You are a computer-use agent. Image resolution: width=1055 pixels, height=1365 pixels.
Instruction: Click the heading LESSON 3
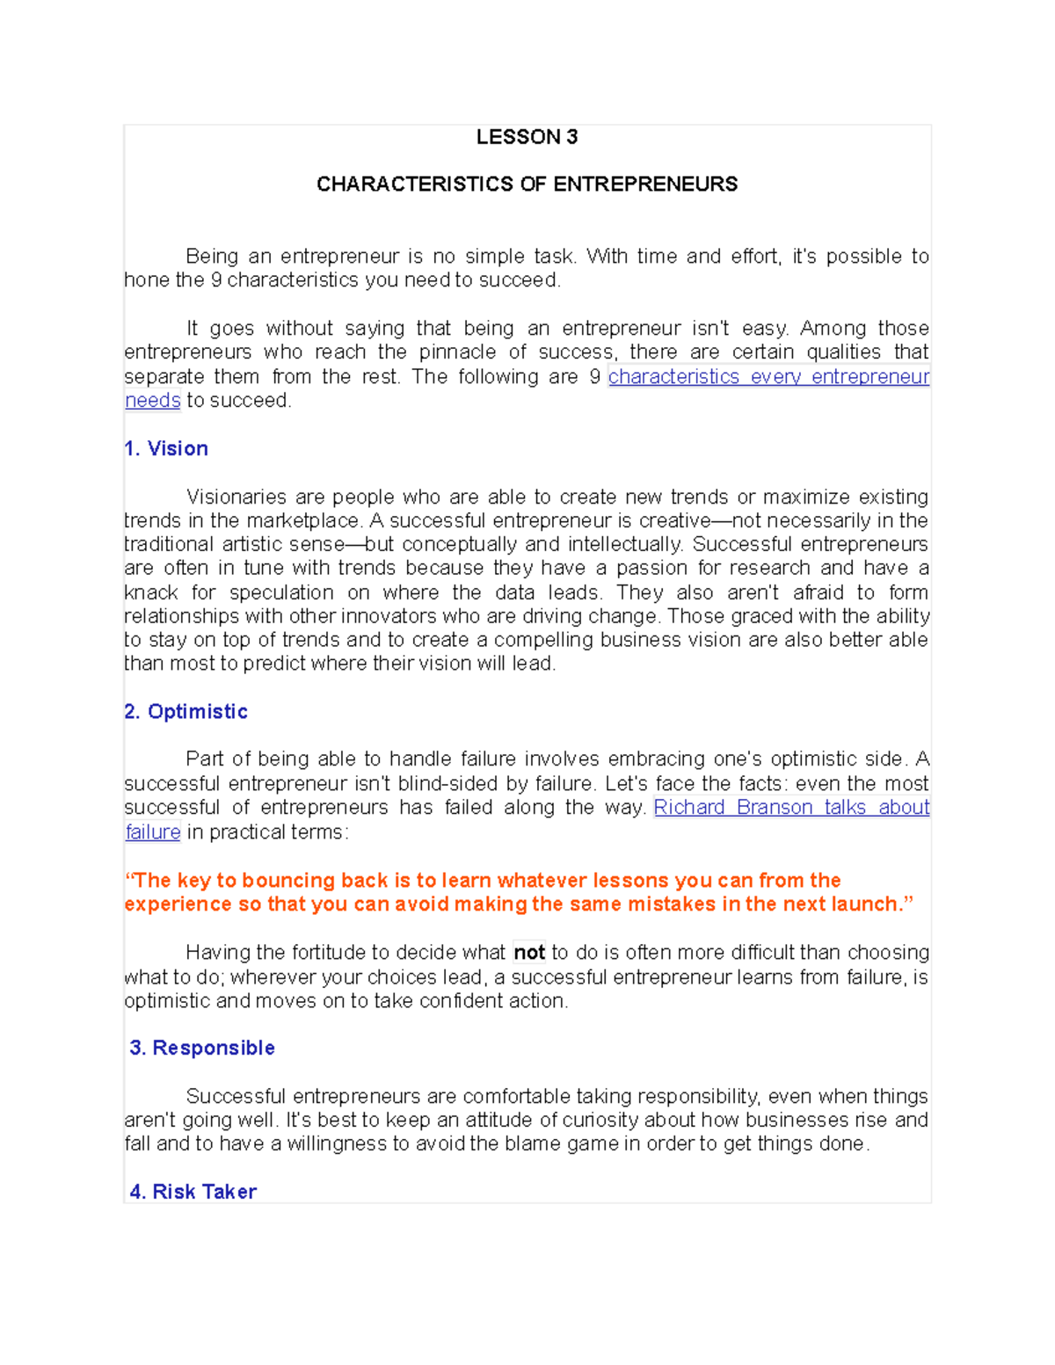[527, 137]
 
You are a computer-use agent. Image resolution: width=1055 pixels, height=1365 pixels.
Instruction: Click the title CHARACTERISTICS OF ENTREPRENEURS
[527, 185]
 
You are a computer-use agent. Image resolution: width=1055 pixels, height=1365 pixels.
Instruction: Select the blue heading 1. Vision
[166, 449]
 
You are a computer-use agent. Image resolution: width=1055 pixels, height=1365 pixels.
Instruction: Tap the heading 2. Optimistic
[186, 712]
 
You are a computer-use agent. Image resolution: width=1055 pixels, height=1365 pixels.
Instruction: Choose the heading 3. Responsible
[202, 1049]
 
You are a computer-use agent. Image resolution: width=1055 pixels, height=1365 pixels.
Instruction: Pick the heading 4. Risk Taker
[193, 1192]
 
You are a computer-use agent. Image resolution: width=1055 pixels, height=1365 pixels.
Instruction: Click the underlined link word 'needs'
[153, 401]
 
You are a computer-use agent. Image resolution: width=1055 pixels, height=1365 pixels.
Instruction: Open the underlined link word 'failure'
[153, 832]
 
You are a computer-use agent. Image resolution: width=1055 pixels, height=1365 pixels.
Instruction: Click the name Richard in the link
[689, 808]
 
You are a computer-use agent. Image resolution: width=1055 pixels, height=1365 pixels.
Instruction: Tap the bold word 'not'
[529, 953]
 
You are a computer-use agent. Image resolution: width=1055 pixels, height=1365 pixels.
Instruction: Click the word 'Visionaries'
[236, 497]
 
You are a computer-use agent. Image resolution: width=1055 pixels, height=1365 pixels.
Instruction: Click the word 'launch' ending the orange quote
[869, 904]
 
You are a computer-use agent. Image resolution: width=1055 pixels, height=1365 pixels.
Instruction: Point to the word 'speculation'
[281, 593]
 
